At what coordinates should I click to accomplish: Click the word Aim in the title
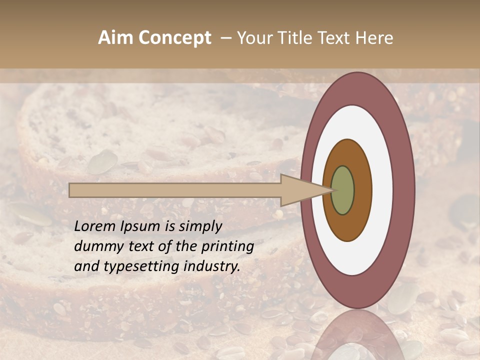(x=115, y=38)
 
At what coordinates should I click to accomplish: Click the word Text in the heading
(x=334, y=38)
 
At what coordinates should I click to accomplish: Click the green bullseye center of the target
(x=343, y=190)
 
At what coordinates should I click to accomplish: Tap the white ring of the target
(x=382, y=190)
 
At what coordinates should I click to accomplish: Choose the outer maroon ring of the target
(x=404, y=190)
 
